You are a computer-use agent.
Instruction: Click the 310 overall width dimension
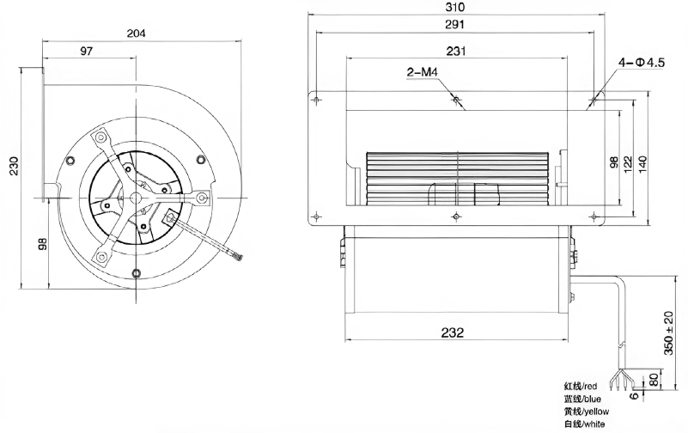[x=454, y=8]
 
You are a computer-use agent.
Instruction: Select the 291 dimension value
[x=454, y=25]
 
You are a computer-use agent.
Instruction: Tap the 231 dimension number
[x=456, y=51]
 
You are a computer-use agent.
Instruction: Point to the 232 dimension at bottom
[x=453, y=332]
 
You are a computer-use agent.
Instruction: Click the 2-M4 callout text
[x=423, y=71]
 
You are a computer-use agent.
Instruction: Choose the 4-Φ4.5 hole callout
[x=642, y=63]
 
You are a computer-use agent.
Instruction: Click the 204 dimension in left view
[x=136, y=33]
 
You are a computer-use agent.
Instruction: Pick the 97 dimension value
[x=87, y=51]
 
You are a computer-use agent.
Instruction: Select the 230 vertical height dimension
[x=15, y=166]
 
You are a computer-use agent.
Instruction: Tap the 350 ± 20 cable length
[x=668, y=333]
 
